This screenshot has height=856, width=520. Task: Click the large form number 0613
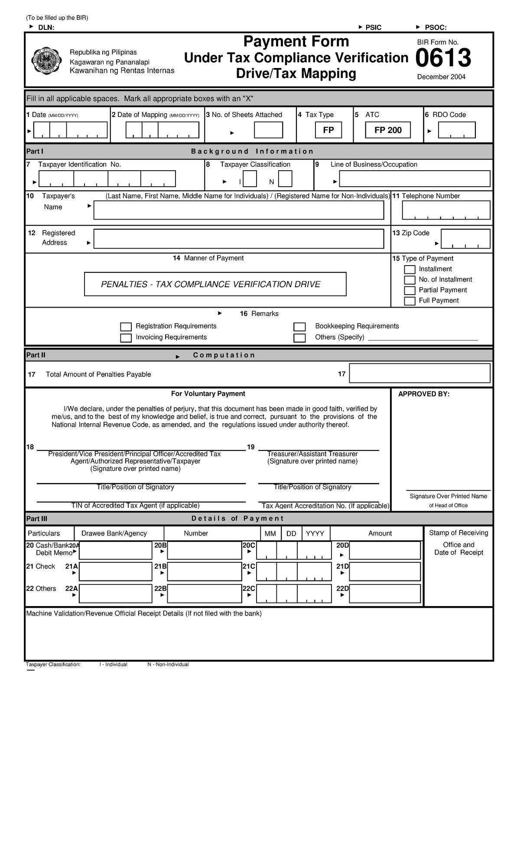443,59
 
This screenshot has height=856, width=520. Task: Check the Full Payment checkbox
409,301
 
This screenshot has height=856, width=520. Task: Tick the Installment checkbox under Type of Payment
409,269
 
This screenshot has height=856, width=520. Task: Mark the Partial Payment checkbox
409,291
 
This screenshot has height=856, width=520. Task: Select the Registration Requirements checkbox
126,327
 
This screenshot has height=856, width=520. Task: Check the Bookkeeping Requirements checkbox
299,327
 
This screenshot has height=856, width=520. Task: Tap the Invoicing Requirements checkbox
126,338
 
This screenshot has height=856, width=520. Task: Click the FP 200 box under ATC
388,130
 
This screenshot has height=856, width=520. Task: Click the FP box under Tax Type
328,130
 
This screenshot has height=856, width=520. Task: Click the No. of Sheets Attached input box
268,130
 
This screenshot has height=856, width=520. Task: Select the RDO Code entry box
457,130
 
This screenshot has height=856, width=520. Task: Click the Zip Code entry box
465,239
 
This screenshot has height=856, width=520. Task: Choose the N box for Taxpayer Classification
285,179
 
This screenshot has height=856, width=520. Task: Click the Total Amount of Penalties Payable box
419,373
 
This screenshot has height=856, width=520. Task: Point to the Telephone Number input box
446,210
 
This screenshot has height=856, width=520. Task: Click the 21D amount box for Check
385,572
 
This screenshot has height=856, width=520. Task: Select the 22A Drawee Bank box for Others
115,593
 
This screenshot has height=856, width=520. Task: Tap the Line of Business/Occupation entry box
414,179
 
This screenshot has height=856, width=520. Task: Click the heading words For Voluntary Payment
208,394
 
